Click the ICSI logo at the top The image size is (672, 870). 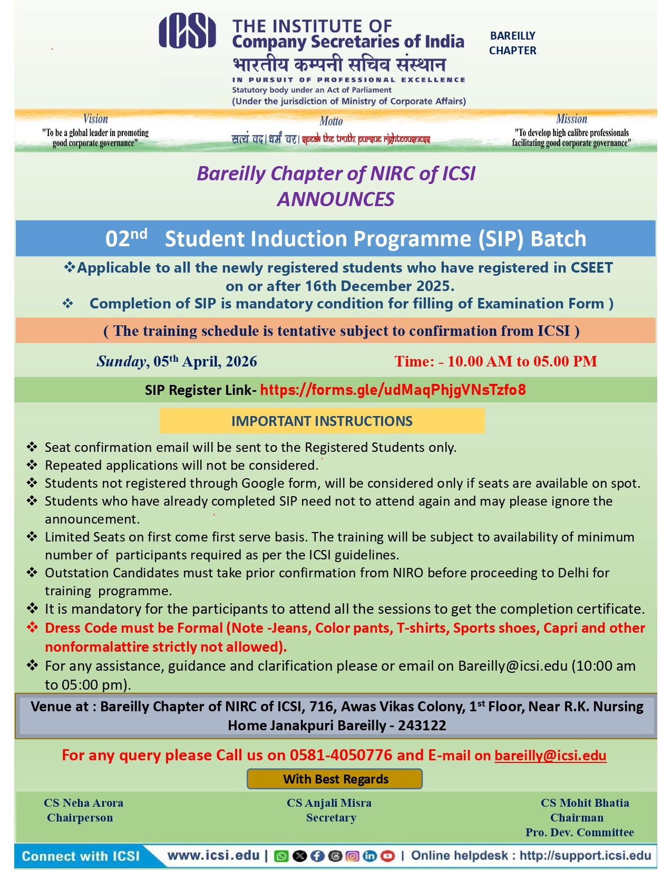[187, 32]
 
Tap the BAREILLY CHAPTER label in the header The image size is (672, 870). [512, 43]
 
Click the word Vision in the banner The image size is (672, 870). [95, 119]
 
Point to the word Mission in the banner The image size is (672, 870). [571, 119]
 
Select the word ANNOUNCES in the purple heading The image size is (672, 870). [336, 199]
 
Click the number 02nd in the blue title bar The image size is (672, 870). [126, 238]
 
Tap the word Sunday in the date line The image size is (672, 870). [121, 362]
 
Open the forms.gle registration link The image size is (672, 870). [393, 390]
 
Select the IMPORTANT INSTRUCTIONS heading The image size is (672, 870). [322, 421]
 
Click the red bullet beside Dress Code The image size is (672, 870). [33, 627]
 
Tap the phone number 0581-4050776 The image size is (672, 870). [340, 756]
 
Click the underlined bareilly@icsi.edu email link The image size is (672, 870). [550, 756]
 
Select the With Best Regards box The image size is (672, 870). [335, 779]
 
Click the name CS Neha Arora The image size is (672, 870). [83, 803]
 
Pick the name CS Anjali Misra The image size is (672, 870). [329, 803]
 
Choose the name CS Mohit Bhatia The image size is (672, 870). [585, 803]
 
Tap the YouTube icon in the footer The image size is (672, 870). [387, 856]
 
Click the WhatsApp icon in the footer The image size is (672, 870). [282, 856]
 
